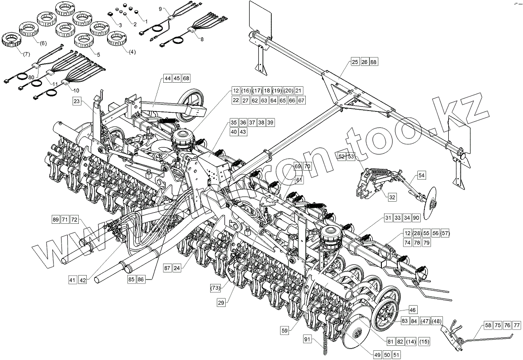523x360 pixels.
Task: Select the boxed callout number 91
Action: [x=308, y=339]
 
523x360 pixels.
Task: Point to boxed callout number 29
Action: [x=221, y=303]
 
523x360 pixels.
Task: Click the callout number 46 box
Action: [x=412, y=310]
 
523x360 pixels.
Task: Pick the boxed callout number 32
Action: [x=392, y=197]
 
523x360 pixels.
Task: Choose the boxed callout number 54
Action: [x=421, y=176]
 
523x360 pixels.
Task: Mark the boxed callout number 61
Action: [x=300, y=180]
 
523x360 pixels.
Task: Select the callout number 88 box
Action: [x=374, y=62]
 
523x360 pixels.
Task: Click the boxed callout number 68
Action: [x=186, y=78]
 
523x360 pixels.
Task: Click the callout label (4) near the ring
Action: [x=132, y=52]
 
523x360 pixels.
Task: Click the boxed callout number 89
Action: [x=55, y=219]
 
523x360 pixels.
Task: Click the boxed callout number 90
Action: [x=416, y=218]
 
